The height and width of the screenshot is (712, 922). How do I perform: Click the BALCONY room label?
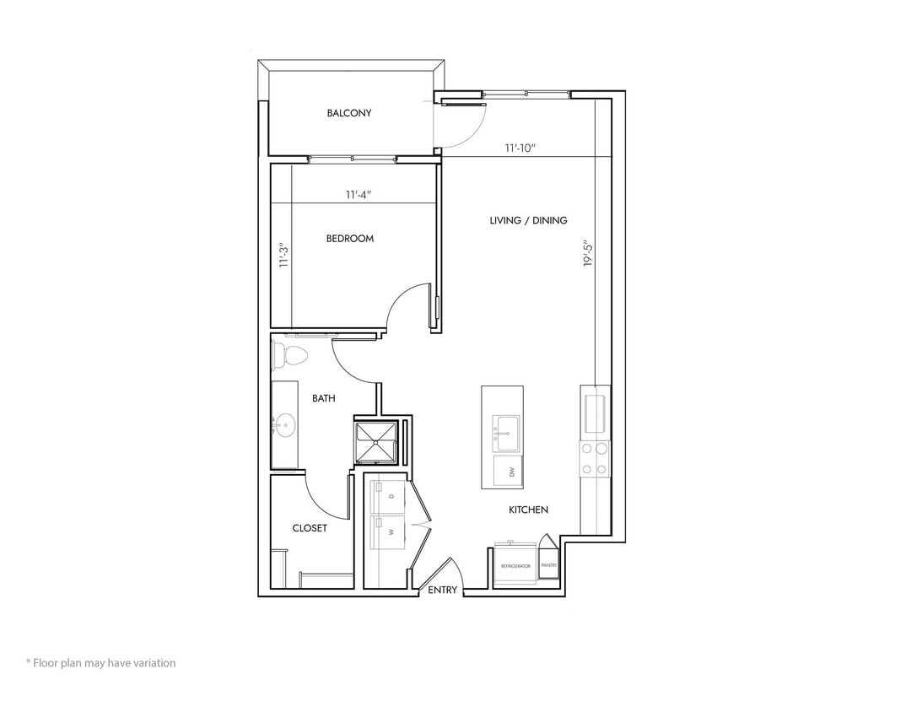pyautogui.click(x=349, y=113)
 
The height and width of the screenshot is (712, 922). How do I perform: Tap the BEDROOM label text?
pyautogui.click(x=350, y=239)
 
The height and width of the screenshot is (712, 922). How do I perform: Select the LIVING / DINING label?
pyautogui.click(x=528, y=220)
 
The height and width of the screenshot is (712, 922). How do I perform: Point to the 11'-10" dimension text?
pyautogui.click(x=520, y=148)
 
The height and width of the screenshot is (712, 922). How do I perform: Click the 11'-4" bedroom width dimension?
pyautogui.click(x=359, y=195)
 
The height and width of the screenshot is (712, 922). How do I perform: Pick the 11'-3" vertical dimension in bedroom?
pyautogui.click(x=284, y=256)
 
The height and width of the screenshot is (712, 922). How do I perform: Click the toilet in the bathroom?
pyautogui.click(x=289, y=357)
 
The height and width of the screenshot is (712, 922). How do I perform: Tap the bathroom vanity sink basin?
pyautogui.click(x=284, y=425)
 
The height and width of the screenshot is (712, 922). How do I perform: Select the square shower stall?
pyautogui.click(x=375, y=443)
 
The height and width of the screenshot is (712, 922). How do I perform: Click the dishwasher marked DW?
pyautogui.click(x=509, y=472)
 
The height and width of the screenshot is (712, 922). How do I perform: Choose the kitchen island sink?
pyautogui.click(x=507, y=433)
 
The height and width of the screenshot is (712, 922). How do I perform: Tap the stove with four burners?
pyautogui.click(x=594, y=459)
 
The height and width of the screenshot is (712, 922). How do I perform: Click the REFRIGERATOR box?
pyautogui.click(x=515, y=565)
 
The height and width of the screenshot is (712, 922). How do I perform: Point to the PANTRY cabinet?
pyautogui.click(x=549, y=564)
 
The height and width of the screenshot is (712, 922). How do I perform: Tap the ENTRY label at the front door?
pyautogui.click(x=442, y=591)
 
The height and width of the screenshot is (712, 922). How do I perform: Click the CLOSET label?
pyautogui.click(x=310, y=528)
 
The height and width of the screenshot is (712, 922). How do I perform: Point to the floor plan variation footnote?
pyautogui.click(x=100, y=663)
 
